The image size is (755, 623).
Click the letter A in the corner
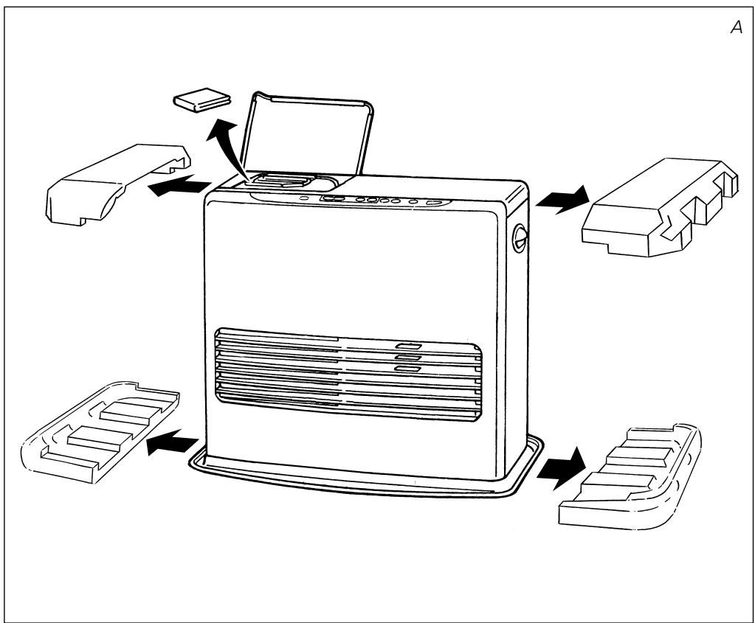click(737, 27)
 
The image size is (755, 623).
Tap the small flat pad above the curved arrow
click(201, 100)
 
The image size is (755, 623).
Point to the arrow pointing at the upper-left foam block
click(179, 186)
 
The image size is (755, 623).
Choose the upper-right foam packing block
click(660, 207)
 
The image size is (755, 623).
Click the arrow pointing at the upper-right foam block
click(562, 200)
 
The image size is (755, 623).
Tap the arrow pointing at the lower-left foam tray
click(173, 442)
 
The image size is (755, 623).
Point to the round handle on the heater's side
click(520, 237)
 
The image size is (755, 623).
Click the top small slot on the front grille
click(408, 346)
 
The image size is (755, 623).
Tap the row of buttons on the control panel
click(385, 200)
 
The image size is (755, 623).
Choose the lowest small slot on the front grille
click(408, 369)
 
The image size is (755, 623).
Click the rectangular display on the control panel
click(333, 198)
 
